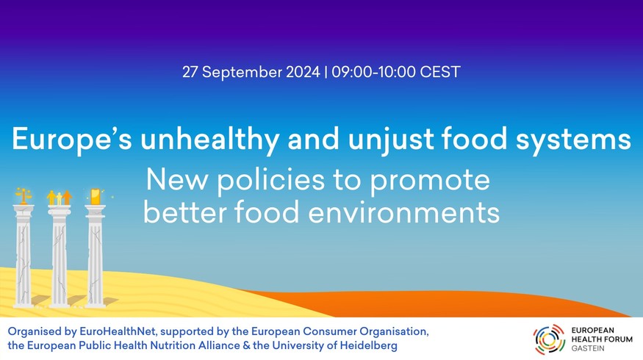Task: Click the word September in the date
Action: pyautogui.click(x=242, y=73)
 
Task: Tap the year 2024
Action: pyautogui.click(x=303, y=72)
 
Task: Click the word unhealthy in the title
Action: pyautogui.click(x=209, y=140)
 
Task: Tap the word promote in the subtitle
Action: pyautogui.click(x=430, y=181)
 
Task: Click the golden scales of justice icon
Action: pyautogui.click(x=24, y=196)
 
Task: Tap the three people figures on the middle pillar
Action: pyautogui.click(x=60, y=198)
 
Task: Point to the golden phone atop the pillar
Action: pyautogui.click(x=95, y=196)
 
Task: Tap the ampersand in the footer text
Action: pyautogui.click(x=246, y=345)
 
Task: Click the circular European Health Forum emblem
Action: pyautogui.click(x=549, y=339)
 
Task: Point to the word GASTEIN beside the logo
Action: pyautogui.click(x=588, y=348)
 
